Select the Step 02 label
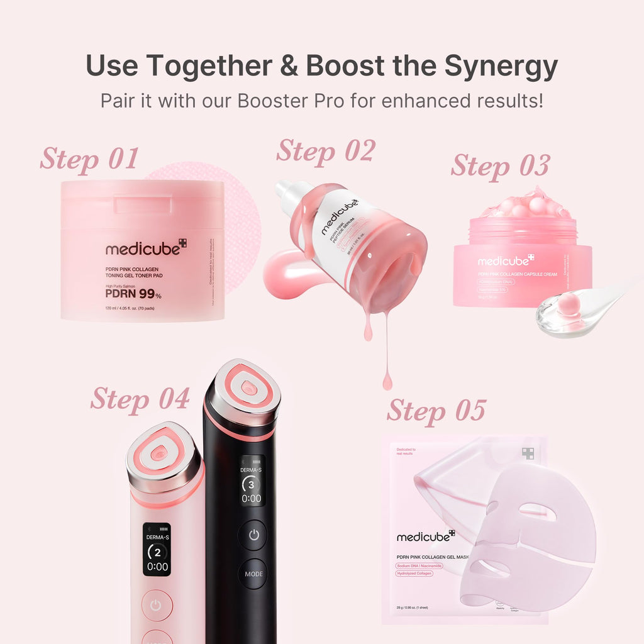tap(325, 151)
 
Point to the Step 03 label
tap(500, 165)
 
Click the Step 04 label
tap(140, 398)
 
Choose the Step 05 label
tap(436, 411)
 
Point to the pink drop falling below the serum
tap(387, 380)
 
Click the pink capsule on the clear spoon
tap(569, 305)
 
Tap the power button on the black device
tap(252, 535)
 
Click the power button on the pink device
tap(157, 605)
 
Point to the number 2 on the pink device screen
tap(157, 553)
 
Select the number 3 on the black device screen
tap(252, 485)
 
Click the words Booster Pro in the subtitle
tap(291, 100)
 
